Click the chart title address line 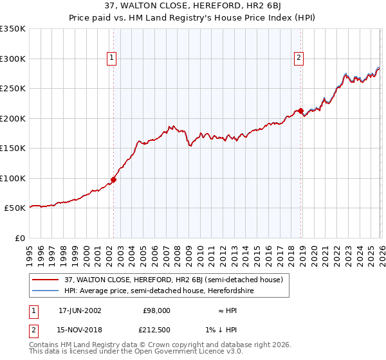click(193, 6)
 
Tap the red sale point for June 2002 click(114, 179)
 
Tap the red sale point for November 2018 click(300, 111)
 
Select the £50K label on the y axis click(14, 208)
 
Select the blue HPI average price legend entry click(159, 291)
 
